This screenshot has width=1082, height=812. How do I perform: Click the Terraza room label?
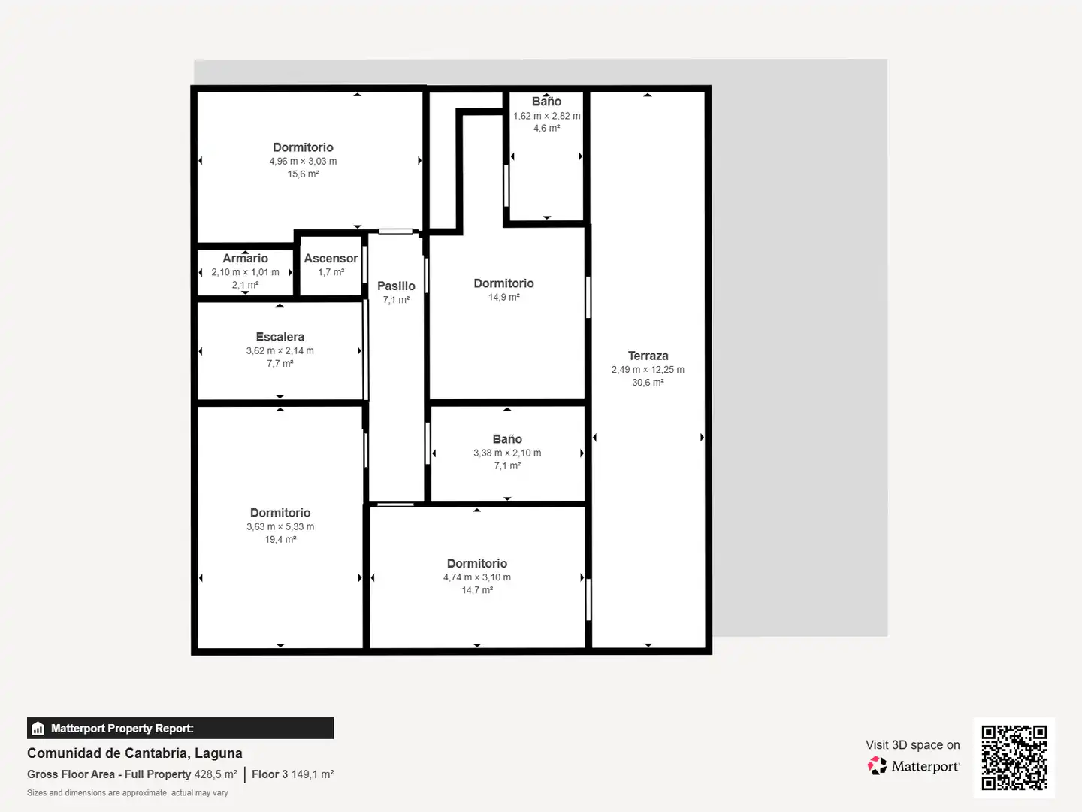[x=648, y=356]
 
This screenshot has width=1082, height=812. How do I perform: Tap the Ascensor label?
[x=331, y=258]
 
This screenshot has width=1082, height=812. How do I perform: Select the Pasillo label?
[x=396, y=286]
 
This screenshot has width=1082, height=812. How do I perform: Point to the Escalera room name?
[x=280, y=337]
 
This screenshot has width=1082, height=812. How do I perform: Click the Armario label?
[x=245, y=258]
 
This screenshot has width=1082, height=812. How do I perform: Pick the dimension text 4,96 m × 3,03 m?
[x=303, y=161]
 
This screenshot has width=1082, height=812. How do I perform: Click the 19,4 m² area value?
[x=280, y=539]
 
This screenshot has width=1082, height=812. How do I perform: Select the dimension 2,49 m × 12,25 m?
[x=648, y=369]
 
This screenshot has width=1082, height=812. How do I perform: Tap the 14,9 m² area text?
[x=503, y=297]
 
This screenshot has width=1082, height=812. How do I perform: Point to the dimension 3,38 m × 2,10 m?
[x=507, y=453]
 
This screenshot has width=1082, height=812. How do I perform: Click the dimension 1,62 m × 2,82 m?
[x=547, y=116]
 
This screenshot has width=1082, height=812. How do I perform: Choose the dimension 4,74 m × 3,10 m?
[x=477, y=577]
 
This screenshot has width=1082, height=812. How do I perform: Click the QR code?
[x=1014, y=757]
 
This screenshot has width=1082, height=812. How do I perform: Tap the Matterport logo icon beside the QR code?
[x=877, y=765]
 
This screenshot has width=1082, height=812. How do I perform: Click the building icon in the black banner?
[x=38, y=729]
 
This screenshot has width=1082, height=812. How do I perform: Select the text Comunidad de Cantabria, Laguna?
[x=134, y=753]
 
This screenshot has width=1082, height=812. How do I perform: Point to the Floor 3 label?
[x=270, y=774]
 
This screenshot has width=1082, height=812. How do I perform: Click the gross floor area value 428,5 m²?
[x=216, y=774]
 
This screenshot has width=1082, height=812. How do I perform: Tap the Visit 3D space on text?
[x=913, y=745]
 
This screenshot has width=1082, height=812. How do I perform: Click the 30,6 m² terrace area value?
[x=648, y=382]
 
